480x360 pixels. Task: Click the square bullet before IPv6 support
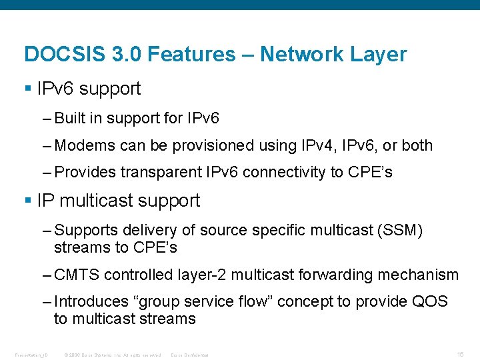[x=27, y=89]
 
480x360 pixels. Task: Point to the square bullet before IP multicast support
[x=27, y=201]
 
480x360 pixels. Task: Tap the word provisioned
[x=209, y=145]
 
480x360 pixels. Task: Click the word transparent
[x=160, y=172]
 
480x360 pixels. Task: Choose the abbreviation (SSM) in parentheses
[x=399, y=230]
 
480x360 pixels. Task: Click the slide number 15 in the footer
[x=460, y=354]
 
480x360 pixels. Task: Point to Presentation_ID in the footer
[x=31, y=355]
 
